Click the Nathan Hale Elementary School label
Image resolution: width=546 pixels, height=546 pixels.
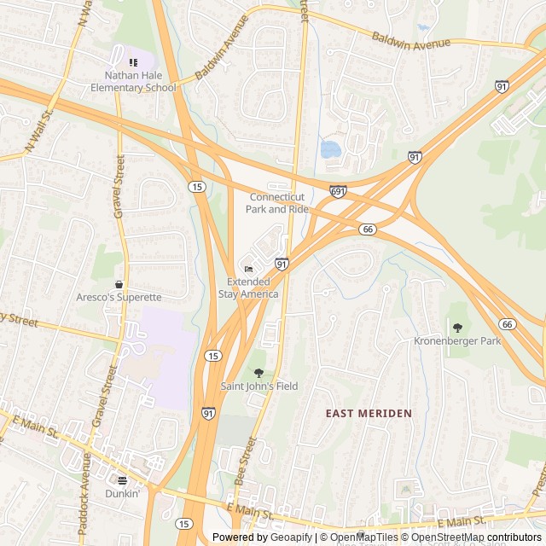(134, 80)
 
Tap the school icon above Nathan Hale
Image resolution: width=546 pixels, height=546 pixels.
(132, 62)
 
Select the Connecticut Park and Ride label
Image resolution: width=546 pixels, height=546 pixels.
(278, 203)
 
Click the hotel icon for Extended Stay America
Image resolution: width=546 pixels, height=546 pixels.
(248, 270)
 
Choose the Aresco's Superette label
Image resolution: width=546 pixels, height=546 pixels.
(119, 297)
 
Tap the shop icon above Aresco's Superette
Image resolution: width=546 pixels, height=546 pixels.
(119, 284)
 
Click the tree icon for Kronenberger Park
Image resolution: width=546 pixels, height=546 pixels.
(457, 328)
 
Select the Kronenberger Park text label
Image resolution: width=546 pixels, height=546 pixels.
(457, 341)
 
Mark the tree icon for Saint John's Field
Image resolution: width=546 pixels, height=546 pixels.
(259, 373)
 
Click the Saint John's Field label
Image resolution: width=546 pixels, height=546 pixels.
(259, 386)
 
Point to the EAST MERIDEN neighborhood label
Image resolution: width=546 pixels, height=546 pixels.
(369, 413)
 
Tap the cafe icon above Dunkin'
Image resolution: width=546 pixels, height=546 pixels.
(122, 480)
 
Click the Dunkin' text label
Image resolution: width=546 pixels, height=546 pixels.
(122, 493)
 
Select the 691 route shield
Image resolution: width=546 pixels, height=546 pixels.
(339, 192)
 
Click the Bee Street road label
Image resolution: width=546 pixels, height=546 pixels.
(245, 462)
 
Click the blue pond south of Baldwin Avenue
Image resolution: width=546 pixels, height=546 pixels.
(330, 150)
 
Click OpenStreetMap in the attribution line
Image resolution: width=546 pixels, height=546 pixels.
(449, 537)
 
